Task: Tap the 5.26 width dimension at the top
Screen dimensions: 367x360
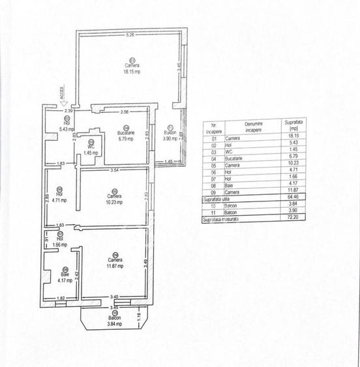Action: [130, 35]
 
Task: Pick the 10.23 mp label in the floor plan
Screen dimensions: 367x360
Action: [114, 201]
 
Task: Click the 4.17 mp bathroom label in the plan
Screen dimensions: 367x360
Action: [65, 281]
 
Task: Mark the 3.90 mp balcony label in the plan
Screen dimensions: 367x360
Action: [170, 139]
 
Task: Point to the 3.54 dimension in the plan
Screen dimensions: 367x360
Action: [114, 170]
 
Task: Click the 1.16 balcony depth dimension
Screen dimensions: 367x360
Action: [139, 317]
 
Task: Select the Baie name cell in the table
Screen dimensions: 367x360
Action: [230, 184]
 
